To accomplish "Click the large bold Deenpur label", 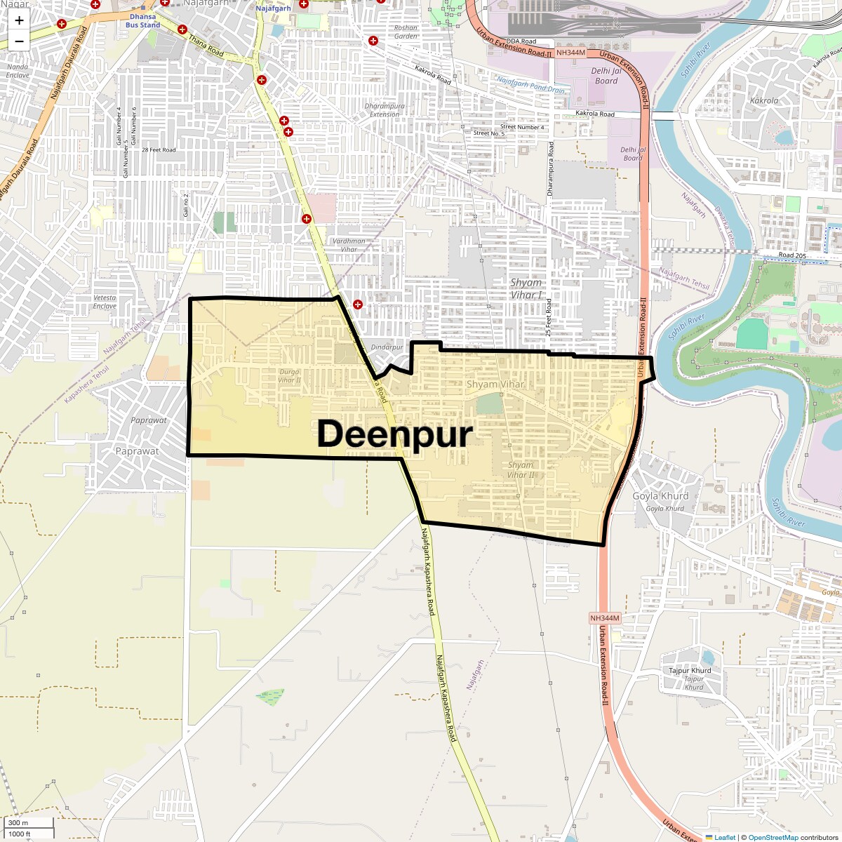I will (x=395, y=434).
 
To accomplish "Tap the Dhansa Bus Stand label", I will (x=143, y=20).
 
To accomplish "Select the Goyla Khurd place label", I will (x=660, y=496).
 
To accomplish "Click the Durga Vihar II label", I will (x=289, y=376).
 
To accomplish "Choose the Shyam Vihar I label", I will (x=526, y=288).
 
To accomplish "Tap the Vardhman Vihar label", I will (x=349, y=245).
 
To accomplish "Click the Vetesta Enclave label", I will (x=105, y=302).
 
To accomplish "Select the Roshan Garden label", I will (x=406, y=32).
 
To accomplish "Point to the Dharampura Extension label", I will (x=385, y=110).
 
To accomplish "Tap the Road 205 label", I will (x=791, y=255).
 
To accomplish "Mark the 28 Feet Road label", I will (x=159, y=149).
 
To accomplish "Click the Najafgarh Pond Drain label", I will (x=531, y=86).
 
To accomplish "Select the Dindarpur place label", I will (x=387, y=347).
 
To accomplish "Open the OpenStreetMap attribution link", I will (x=773, y=837).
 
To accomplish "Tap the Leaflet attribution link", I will (x=725, y=837).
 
